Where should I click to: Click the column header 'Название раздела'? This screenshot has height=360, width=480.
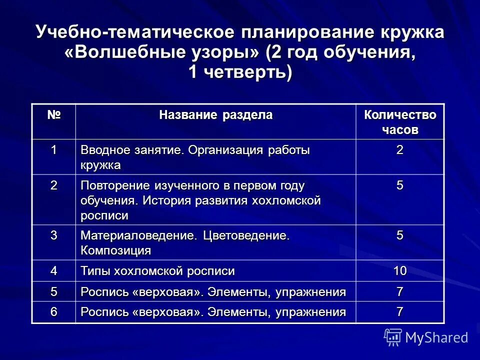215,115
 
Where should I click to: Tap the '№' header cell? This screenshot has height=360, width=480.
53,115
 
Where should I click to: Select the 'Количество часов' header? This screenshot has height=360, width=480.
399,122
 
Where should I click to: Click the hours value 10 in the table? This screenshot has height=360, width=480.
399,271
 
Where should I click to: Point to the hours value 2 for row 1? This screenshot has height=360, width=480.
399,150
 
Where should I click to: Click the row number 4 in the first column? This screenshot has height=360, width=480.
53,271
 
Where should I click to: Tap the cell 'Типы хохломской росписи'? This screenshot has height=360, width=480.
157,271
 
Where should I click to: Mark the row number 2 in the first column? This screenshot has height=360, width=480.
53,185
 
